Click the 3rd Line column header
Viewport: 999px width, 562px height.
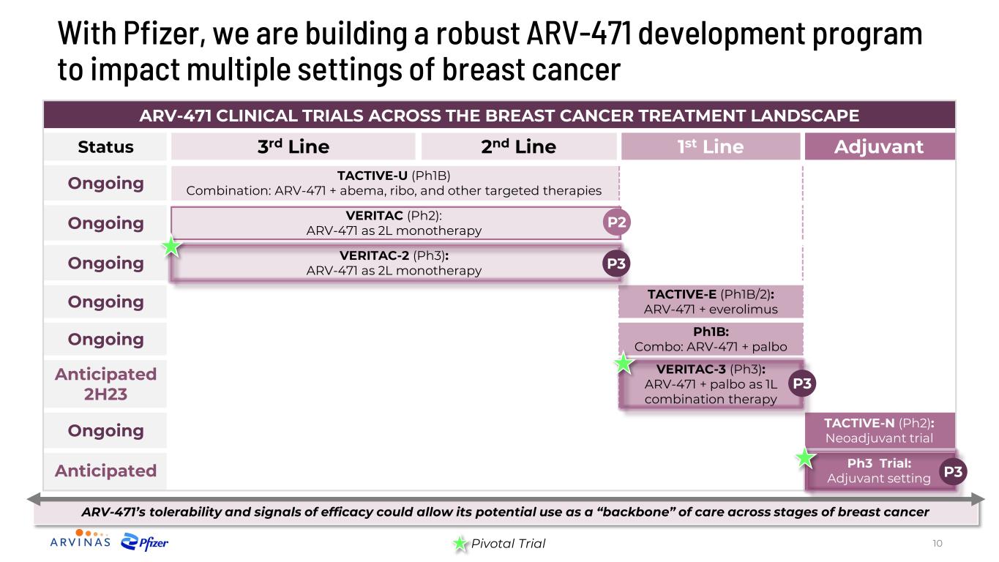point(293,146)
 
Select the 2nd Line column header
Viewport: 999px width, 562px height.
point(519,146)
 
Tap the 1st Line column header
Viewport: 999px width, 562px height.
point(710,146)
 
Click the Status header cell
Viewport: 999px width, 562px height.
point(105,146)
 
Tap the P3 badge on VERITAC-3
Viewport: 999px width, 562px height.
point(802,383)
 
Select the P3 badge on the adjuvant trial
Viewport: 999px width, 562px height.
point(953,471)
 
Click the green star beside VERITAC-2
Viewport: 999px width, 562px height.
point(171,247)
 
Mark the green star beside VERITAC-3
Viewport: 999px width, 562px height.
point(624,363)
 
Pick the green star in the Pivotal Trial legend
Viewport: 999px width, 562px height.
point(460,543)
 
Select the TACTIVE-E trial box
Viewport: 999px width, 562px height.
point(711,301)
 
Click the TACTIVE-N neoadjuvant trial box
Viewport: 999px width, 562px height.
point(880,430)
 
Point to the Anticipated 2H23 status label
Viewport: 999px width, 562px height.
point(105,383)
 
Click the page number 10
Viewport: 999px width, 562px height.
point(937,543)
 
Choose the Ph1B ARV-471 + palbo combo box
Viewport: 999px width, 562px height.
point(711,340)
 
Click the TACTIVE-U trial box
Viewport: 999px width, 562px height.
point(394,183)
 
